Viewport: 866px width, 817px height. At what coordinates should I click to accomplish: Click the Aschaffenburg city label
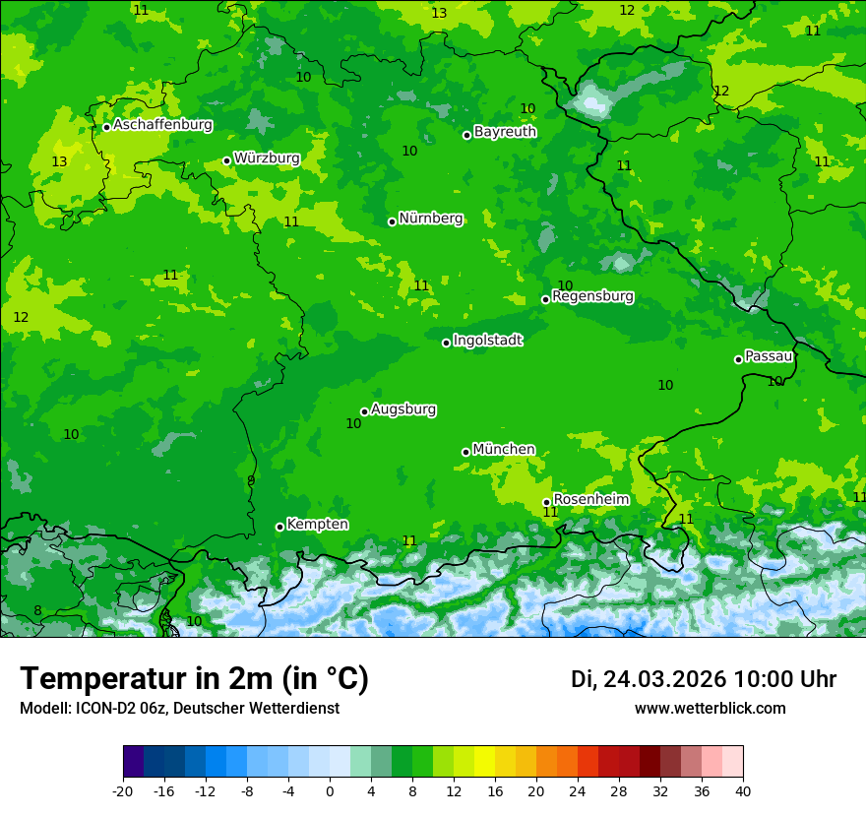tap(162, 125)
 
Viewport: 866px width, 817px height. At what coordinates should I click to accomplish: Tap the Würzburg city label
tap(267, 158)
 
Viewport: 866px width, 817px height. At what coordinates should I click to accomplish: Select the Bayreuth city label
tap(505, 132)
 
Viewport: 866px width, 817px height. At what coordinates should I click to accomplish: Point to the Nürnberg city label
tap(430, 219)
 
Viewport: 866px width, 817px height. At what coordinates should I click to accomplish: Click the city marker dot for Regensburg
tap(545, 299)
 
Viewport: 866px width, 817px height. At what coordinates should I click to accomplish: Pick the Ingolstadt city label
tap(487, 341)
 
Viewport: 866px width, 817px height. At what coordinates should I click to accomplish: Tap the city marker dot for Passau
tap(738, 359)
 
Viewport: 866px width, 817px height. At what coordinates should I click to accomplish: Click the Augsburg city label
tap(403, 409)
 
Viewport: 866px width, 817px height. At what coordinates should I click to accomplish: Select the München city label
tap(504, 450)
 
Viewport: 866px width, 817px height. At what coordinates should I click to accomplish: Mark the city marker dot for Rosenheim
tap(546, 502)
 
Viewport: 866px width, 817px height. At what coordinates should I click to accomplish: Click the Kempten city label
tap(317, 525)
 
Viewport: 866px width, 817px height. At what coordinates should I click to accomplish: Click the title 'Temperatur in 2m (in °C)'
tap(194, 678)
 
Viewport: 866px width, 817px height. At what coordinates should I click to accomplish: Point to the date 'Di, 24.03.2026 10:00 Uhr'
tap(704, 679)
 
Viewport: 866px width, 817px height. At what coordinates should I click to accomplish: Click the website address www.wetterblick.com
tap(710, 708)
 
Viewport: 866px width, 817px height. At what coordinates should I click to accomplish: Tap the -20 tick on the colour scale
tap(123, 790)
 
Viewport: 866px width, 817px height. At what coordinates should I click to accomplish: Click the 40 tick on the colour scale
tap(743, 790)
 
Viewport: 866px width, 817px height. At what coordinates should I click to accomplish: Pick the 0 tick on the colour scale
tap(330, 790)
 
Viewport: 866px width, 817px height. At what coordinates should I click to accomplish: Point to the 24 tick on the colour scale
tap(578, 790)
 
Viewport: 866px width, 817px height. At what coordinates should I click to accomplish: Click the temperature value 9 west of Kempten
tap(251, 480)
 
